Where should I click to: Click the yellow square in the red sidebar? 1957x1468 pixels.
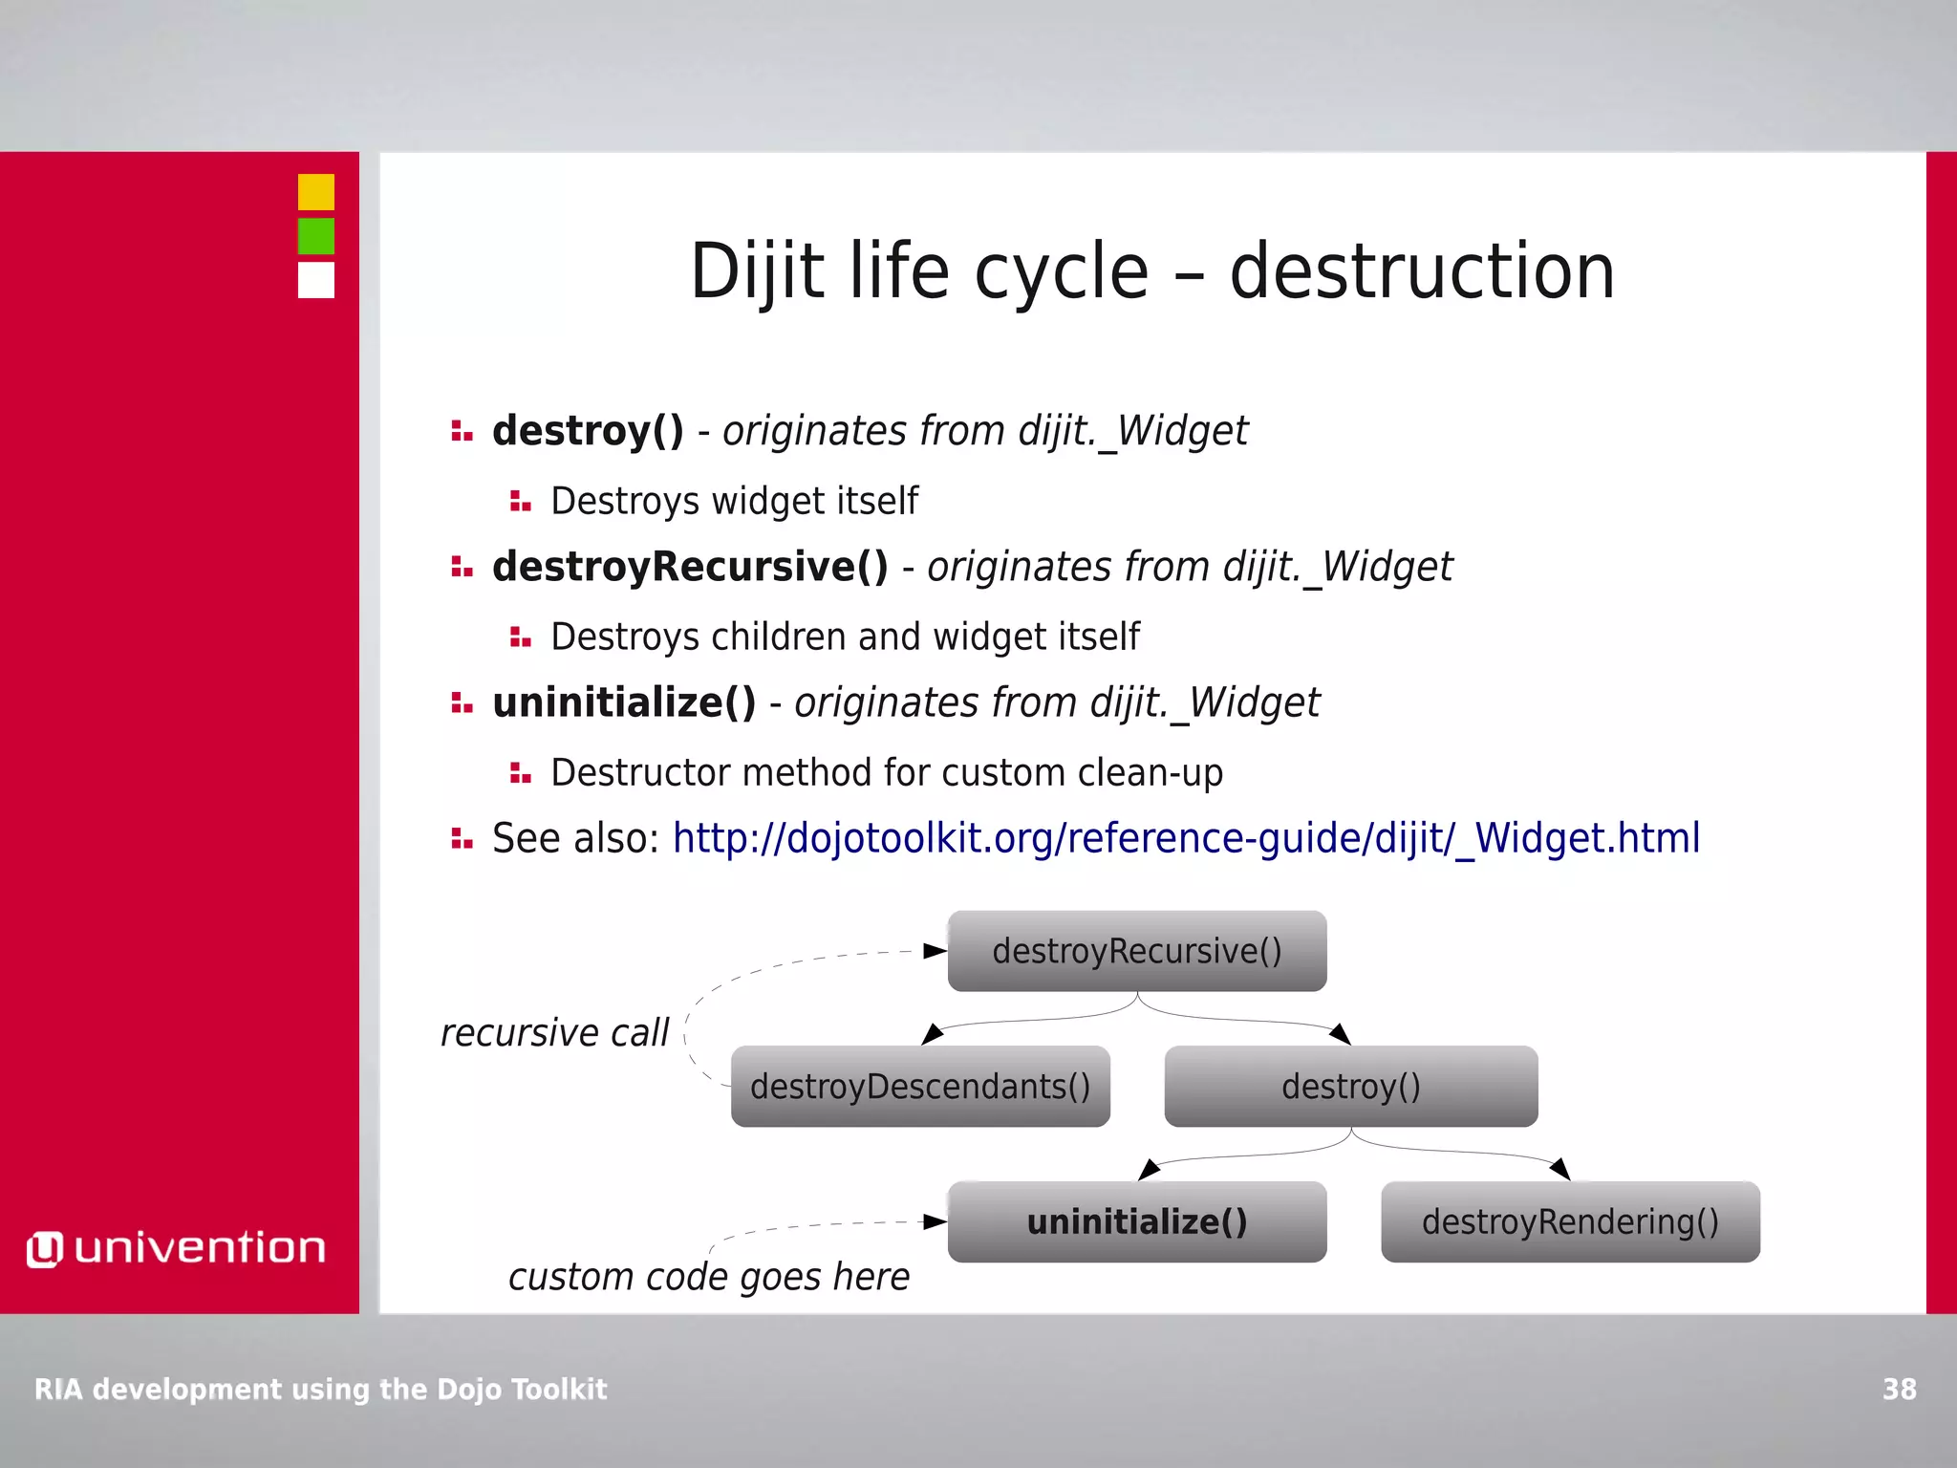[316, 192]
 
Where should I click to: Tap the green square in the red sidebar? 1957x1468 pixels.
[316, 236]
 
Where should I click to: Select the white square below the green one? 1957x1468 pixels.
[316, 280]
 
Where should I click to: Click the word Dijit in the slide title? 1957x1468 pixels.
[757, 272]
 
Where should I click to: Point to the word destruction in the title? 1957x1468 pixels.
[1422, 272]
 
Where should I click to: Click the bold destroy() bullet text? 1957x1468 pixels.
[588, 431]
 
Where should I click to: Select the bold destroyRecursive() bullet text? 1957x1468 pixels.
[690, 567]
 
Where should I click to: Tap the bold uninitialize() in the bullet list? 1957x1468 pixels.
[624, 702]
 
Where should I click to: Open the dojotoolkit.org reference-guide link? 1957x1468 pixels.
[1186, 838]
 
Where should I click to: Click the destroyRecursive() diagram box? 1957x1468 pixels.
[1137, 951]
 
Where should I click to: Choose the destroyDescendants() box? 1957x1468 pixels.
[920, 1087]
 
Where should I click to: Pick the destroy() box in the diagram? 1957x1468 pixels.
[1351, 1087]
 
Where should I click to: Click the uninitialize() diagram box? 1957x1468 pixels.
[1137, 1222]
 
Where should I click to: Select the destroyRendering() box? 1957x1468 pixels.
[1570, 1222]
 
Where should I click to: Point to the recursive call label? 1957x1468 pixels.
[554, 1033]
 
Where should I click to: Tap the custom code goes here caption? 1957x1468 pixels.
[708, 1277]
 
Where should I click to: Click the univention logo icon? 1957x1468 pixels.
[44, 1249]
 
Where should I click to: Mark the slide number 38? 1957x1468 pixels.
[1899, 1389]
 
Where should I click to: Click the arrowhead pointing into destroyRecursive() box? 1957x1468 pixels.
[935, 951]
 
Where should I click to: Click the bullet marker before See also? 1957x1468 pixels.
[462, 839]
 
